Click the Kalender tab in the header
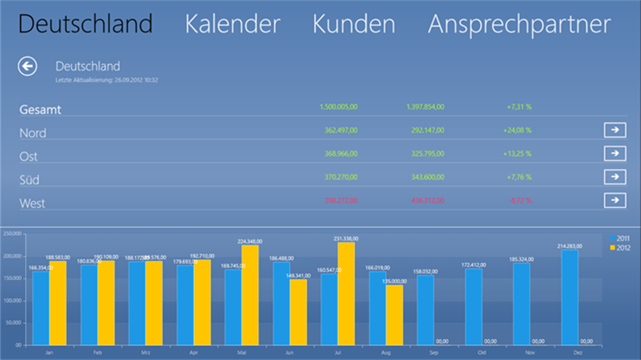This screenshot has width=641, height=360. tap(232, 24)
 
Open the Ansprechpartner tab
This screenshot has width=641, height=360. tap(519, 24)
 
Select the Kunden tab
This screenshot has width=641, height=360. tap(353, 24)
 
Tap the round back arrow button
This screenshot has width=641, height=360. tap(28, 66)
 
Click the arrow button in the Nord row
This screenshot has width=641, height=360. tap(615, 130)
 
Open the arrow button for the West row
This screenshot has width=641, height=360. tap(615, 200)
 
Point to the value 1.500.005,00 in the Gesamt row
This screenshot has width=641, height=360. tap(338, 107)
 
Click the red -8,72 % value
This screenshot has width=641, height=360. tap(519, 201)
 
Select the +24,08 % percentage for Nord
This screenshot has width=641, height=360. tap(517, 130)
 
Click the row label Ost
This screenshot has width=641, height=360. tap(28, 157)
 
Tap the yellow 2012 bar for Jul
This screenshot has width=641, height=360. tap(346, 294)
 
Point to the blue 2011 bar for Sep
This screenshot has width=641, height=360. tap(426, 310)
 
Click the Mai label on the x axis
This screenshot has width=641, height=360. tap(242, 352)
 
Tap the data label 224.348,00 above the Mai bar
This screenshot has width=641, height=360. tap(250, 242)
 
